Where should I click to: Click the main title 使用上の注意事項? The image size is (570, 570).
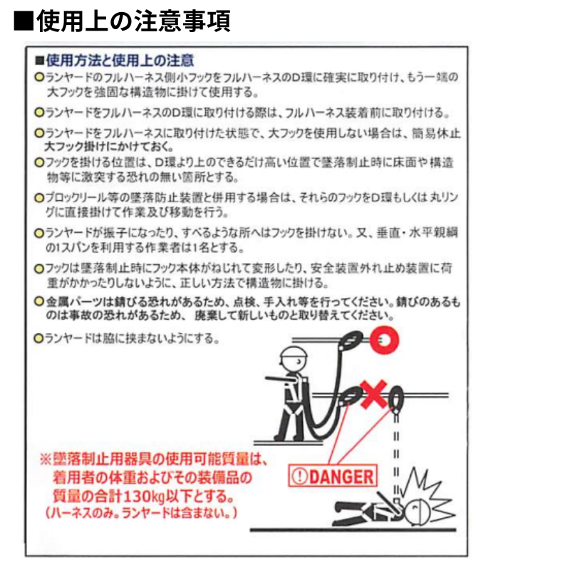(133, 21)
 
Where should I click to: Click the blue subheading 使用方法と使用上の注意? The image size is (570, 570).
(120, 61)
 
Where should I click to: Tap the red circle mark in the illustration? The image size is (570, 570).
(384, 340)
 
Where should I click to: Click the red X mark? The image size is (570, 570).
(373, 394)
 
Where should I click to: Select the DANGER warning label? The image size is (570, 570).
(333, 476)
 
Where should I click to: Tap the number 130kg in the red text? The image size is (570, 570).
(145, 496)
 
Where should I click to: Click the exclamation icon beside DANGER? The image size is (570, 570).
(300, 477)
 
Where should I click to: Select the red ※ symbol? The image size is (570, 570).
(46, 459)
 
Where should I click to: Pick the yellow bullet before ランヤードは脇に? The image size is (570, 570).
(38, 338)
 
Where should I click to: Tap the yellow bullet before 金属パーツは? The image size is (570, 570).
(38, 301)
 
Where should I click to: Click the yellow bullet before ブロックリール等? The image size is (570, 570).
(38, 198)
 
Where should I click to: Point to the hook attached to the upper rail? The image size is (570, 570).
(351, 341)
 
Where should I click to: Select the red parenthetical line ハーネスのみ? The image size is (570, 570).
(141, 513)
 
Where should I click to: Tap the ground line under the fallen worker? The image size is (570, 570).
(353, 530)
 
